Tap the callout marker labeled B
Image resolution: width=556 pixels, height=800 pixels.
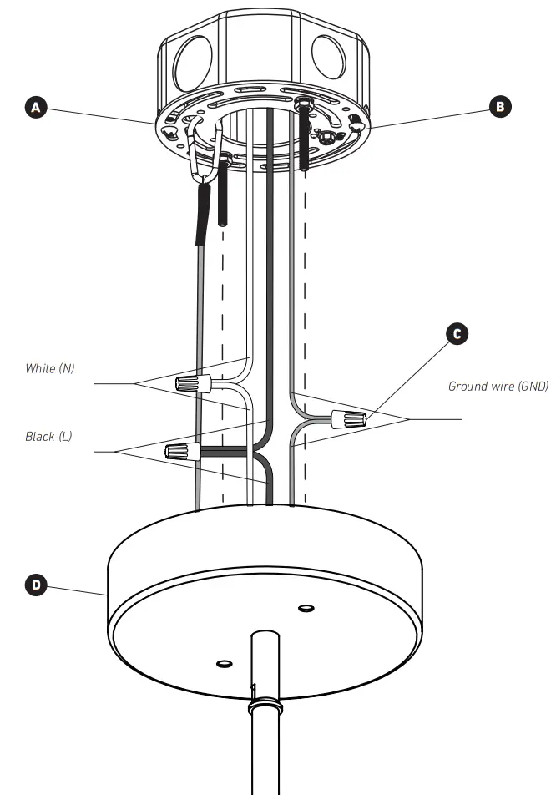tap(500, 106)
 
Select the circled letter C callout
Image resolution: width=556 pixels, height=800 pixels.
tap(456, 333)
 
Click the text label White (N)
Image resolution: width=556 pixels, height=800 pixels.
tap(51, 368)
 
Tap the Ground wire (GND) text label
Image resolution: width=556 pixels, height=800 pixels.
tap(498, 386)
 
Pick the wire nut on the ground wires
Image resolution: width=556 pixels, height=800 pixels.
tap(348, 418)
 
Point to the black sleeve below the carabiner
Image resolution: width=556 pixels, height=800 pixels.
tap(203, 216)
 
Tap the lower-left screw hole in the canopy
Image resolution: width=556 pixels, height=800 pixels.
tap(223, 664)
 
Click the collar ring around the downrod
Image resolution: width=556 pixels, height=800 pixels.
tap(265, 706)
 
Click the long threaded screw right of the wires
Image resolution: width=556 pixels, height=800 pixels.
tap(306, 134)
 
